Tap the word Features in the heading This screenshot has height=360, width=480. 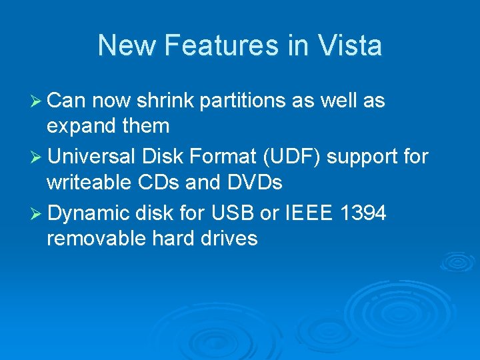tap(221, 46)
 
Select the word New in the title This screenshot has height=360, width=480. tap(127, 46)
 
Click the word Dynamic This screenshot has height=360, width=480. tap(88, 213)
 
